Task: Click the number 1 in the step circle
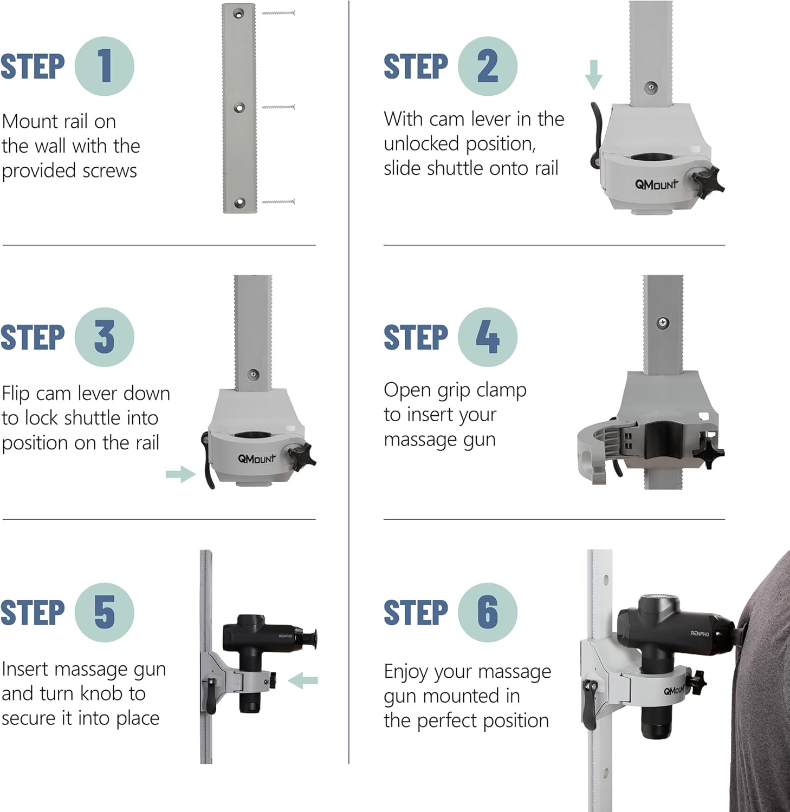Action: (105, 67)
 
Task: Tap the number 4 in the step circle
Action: (487, 337)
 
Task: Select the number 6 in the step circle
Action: (488, 612)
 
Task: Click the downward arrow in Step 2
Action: (594, 75)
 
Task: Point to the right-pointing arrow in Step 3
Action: (181, 474)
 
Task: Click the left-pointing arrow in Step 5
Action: (303, 680)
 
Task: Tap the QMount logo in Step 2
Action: (657, 184)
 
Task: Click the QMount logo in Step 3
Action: (257, 458)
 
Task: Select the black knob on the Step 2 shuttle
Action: (707, 181)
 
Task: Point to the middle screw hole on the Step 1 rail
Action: (239, 108)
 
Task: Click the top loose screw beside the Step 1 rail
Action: (279, 12)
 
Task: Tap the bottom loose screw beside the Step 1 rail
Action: (279, 202)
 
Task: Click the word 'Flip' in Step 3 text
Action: (16, 394)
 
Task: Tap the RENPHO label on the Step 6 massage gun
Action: (700, 633)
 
